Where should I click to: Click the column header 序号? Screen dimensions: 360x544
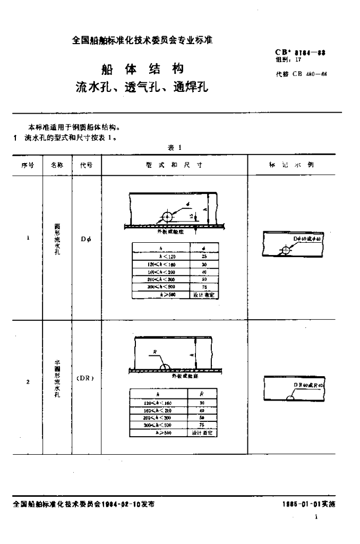click(28, 165)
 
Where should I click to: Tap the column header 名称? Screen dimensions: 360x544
click(57, 165)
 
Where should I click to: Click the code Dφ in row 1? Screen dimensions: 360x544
click(86, 239)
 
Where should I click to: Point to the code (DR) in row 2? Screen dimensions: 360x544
click(85, 378)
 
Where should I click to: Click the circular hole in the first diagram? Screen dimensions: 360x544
click(167, 217)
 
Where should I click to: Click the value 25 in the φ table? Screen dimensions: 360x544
click(204, 256)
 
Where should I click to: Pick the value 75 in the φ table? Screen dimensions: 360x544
click(204, 285)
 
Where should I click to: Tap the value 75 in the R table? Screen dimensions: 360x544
click(201, 425)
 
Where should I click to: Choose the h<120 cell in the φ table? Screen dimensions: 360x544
click(160, 256)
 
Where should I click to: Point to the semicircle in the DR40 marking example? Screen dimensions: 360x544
click(289, 398)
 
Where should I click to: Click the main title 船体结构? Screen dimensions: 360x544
click(142, 69)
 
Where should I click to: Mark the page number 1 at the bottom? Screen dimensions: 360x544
click(317, 517)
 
